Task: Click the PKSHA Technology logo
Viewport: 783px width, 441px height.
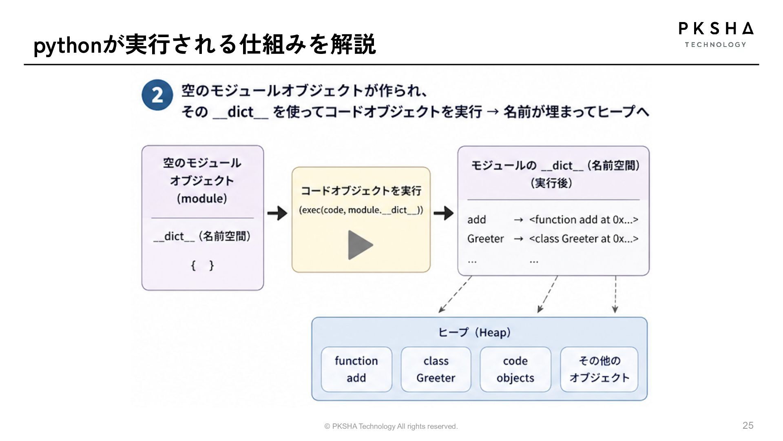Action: coord(716,35)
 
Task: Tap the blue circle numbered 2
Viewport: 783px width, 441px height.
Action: coord(157,95)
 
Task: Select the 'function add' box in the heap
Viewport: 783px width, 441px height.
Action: coord(356,369)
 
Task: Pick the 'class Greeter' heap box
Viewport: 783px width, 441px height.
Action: coord(436,369)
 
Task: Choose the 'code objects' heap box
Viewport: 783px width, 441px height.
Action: coord(515,369)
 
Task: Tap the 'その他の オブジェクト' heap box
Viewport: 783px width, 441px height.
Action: coord(599,369)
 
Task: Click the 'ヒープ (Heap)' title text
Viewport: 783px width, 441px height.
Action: coord(475,332)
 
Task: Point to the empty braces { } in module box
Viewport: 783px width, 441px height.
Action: coord(202,266)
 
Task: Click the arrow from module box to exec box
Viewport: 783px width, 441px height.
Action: coord(277,213)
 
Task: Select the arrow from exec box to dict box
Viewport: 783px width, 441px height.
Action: coord(444,213)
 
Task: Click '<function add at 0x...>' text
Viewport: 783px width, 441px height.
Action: coord(584,220)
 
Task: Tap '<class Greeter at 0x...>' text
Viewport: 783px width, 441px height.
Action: coord(584,238)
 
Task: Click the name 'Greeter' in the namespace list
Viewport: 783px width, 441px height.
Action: coord(486,238)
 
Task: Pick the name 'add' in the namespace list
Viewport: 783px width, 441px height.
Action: coord(477,220)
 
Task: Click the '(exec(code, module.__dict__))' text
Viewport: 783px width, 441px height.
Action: coord(361,210)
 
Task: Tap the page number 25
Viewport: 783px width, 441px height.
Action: coord(748,425)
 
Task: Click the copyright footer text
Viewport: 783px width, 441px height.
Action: coord(391,426)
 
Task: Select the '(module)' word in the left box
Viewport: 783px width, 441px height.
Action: coord(202,199)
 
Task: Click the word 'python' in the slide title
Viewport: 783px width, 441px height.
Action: coord(67,46)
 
